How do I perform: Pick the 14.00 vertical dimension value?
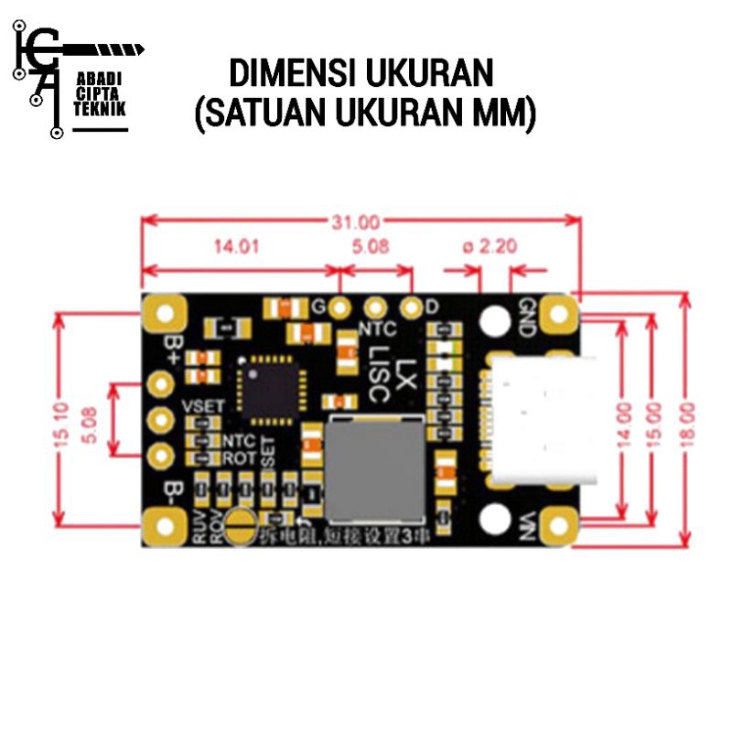click(x=626, y=421)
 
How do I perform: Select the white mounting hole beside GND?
click(x=495, y=319)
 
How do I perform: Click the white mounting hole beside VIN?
click(x=495, y=520)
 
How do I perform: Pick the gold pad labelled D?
click(x=412, y=307)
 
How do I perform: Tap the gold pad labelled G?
click(x=340, y=307)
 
